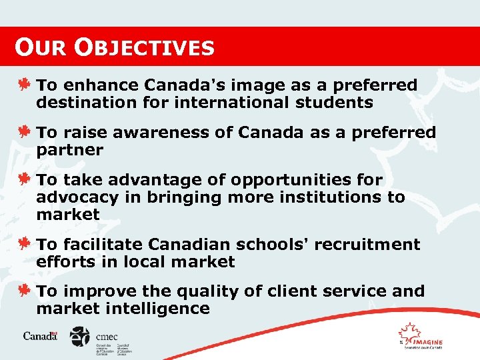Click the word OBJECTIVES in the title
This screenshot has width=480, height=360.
[145, 47]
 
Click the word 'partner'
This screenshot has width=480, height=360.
[69, 150]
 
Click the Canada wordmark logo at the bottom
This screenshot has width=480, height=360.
[41, 336]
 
